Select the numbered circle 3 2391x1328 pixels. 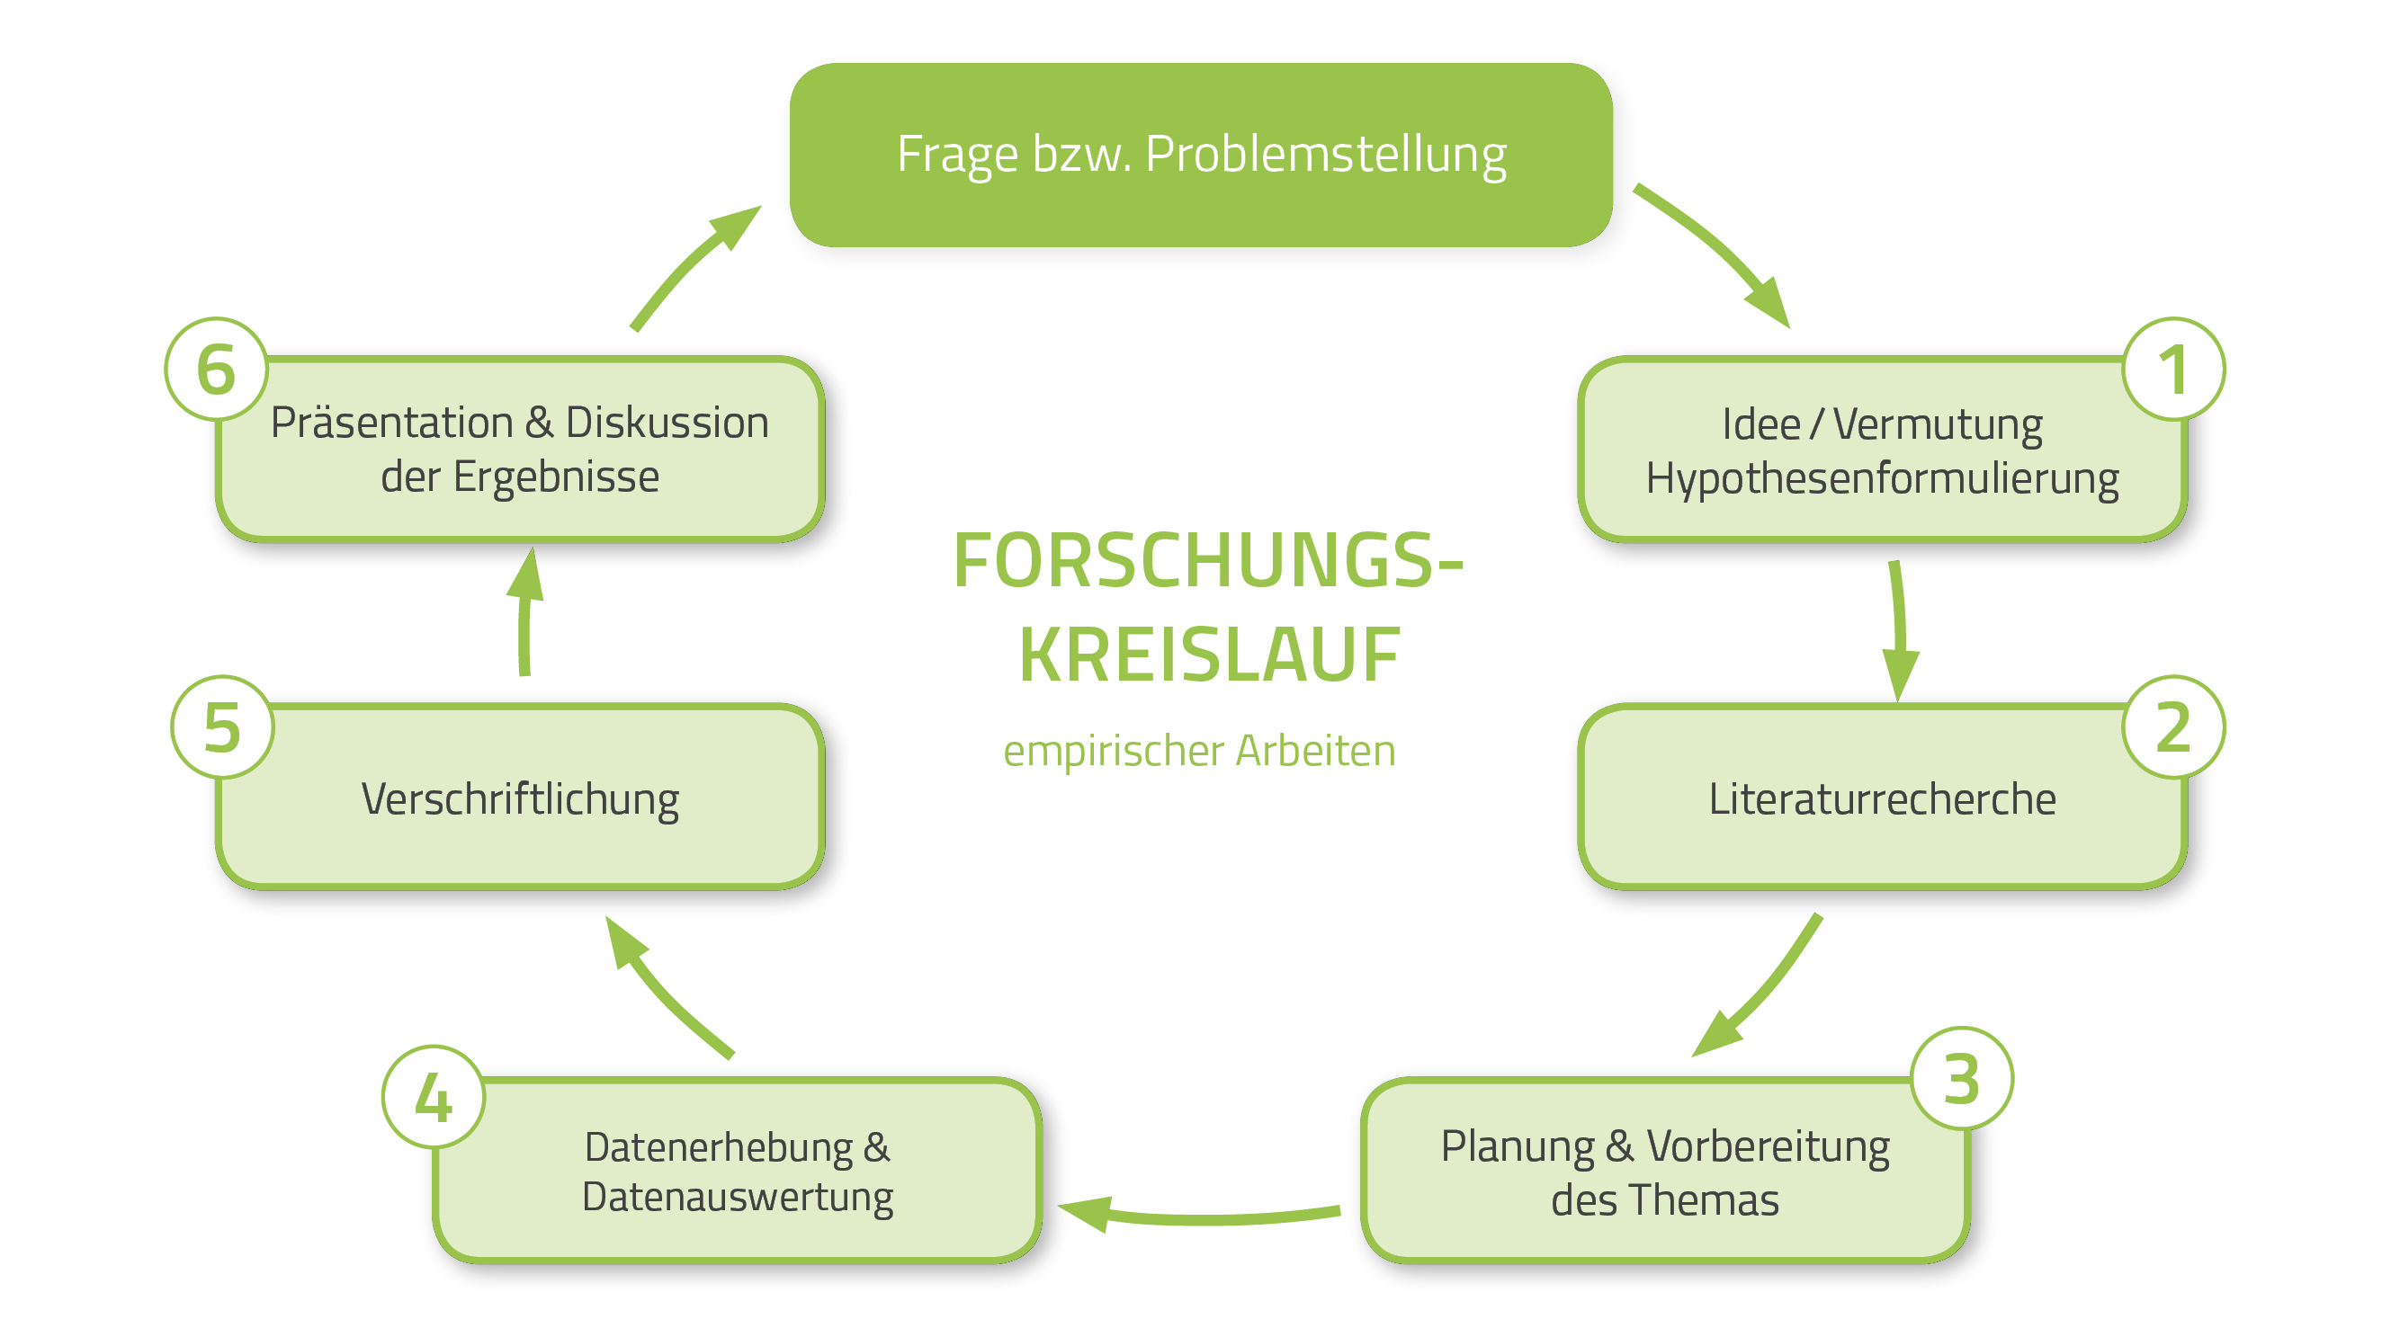[1961, 1078]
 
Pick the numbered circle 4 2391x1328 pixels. [433, 1097]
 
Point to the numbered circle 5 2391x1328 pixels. [222, 726]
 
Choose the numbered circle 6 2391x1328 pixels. [216, 369]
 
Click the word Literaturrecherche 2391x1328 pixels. [1882, 799]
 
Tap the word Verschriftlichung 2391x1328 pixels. [520, 799]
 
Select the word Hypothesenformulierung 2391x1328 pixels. [1882, 479]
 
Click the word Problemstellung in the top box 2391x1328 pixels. [1325, 154]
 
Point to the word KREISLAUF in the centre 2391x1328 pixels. [1208, 655]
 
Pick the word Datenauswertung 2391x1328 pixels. [737, 1197]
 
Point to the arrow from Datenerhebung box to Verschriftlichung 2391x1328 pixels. [664, 988]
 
